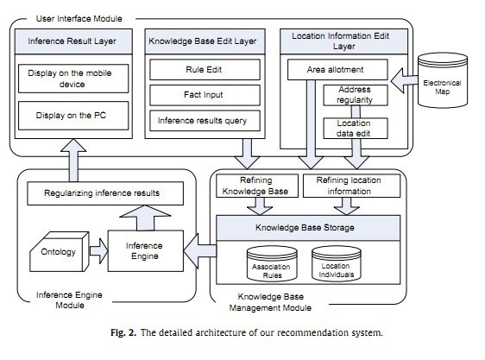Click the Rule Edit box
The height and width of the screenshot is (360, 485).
tap(205, 70)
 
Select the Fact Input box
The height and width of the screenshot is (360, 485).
tap(205, 95)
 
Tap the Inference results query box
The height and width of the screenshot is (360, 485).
tap(205, 121)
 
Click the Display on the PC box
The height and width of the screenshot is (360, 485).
tap(73, 116)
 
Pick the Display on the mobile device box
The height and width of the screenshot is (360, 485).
tap(73, 79)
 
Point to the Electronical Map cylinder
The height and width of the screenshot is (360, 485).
tap(443, 80)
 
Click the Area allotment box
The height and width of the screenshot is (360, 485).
tap(337, 70)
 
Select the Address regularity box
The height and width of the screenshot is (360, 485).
tap(356, 95)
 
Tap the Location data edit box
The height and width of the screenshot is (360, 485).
tap(356, 128)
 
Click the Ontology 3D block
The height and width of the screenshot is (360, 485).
tap(59, 252)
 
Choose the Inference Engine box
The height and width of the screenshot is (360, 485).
tap(145, 251)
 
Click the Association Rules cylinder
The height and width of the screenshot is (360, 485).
tap(272, 263)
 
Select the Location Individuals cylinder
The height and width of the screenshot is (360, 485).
tap(337, 263)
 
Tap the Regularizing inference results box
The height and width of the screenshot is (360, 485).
tap(105, 193)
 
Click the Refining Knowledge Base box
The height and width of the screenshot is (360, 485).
tap(256, 186)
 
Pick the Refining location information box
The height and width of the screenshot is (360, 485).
tap(351, 186)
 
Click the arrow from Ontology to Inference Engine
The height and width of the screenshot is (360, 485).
tap(99, 251)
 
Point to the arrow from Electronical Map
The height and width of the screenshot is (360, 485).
tap(404, 81)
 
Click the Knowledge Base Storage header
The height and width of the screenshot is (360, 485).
tap(308, 228)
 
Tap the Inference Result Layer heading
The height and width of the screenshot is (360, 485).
tap(73, 41)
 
